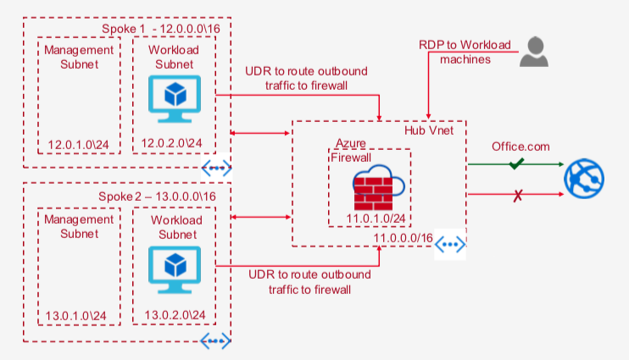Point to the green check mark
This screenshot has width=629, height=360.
[x=516, y=163]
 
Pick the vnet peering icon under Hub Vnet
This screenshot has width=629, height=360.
[x=451, y=245]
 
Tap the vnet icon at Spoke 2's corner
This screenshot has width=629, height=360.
[x=215, y=341]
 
